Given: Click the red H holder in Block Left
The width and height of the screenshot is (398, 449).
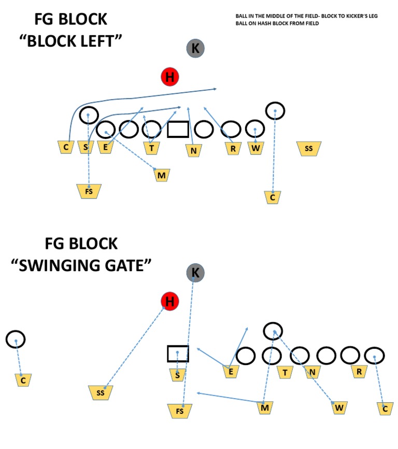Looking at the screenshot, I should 169,77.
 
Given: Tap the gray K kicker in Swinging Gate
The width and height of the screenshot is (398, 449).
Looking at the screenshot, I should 195,273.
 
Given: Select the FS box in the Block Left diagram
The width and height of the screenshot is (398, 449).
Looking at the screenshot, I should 89,191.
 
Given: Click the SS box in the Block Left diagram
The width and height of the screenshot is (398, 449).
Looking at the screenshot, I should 309,148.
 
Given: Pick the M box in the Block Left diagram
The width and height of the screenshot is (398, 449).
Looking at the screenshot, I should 162,175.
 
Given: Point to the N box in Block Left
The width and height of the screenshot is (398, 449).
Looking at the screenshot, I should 193,150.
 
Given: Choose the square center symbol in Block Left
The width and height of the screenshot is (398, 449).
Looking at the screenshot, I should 178,129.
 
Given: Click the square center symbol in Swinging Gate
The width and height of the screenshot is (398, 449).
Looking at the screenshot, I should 178,354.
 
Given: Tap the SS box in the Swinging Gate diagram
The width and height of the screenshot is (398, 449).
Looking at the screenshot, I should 101,393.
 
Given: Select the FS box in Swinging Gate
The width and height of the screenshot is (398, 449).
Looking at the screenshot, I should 180,411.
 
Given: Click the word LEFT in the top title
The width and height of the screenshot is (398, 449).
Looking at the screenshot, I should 100,41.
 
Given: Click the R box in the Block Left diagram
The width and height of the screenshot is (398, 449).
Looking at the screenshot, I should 233,148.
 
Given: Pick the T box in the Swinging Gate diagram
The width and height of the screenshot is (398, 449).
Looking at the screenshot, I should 285,372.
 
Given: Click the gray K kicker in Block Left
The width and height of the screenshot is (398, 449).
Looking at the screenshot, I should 195,49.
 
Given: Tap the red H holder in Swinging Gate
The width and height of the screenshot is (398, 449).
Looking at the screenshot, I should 169,301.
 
